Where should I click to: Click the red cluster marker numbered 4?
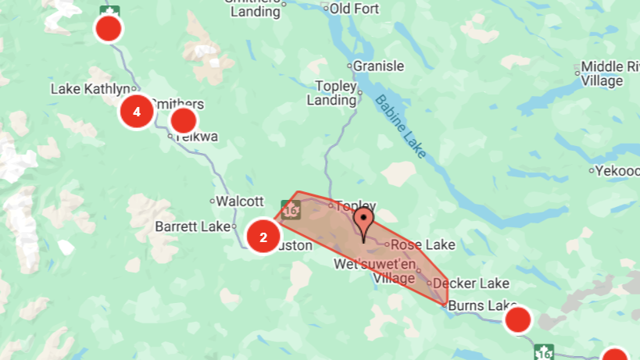pos(137,112)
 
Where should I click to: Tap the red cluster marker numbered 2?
pos(263,237)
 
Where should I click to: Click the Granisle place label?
pos(378,66)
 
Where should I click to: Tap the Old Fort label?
pos(354,8)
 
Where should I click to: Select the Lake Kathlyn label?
pos(90,88)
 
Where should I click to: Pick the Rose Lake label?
pos(427,244)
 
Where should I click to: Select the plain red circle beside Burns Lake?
pos(518,320)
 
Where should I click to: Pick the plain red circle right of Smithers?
pos(183,120)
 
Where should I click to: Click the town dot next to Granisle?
pos(349,66)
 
